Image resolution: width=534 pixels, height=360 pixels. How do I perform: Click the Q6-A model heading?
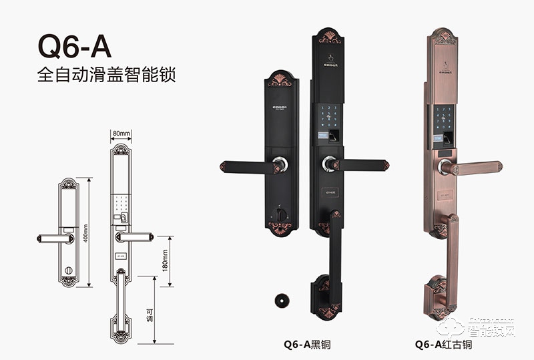coord(73,48)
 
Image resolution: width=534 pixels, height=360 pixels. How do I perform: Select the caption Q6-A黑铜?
coord(308,345)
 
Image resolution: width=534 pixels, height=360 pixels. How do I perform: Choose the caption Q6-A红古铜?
coord(443,345)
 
